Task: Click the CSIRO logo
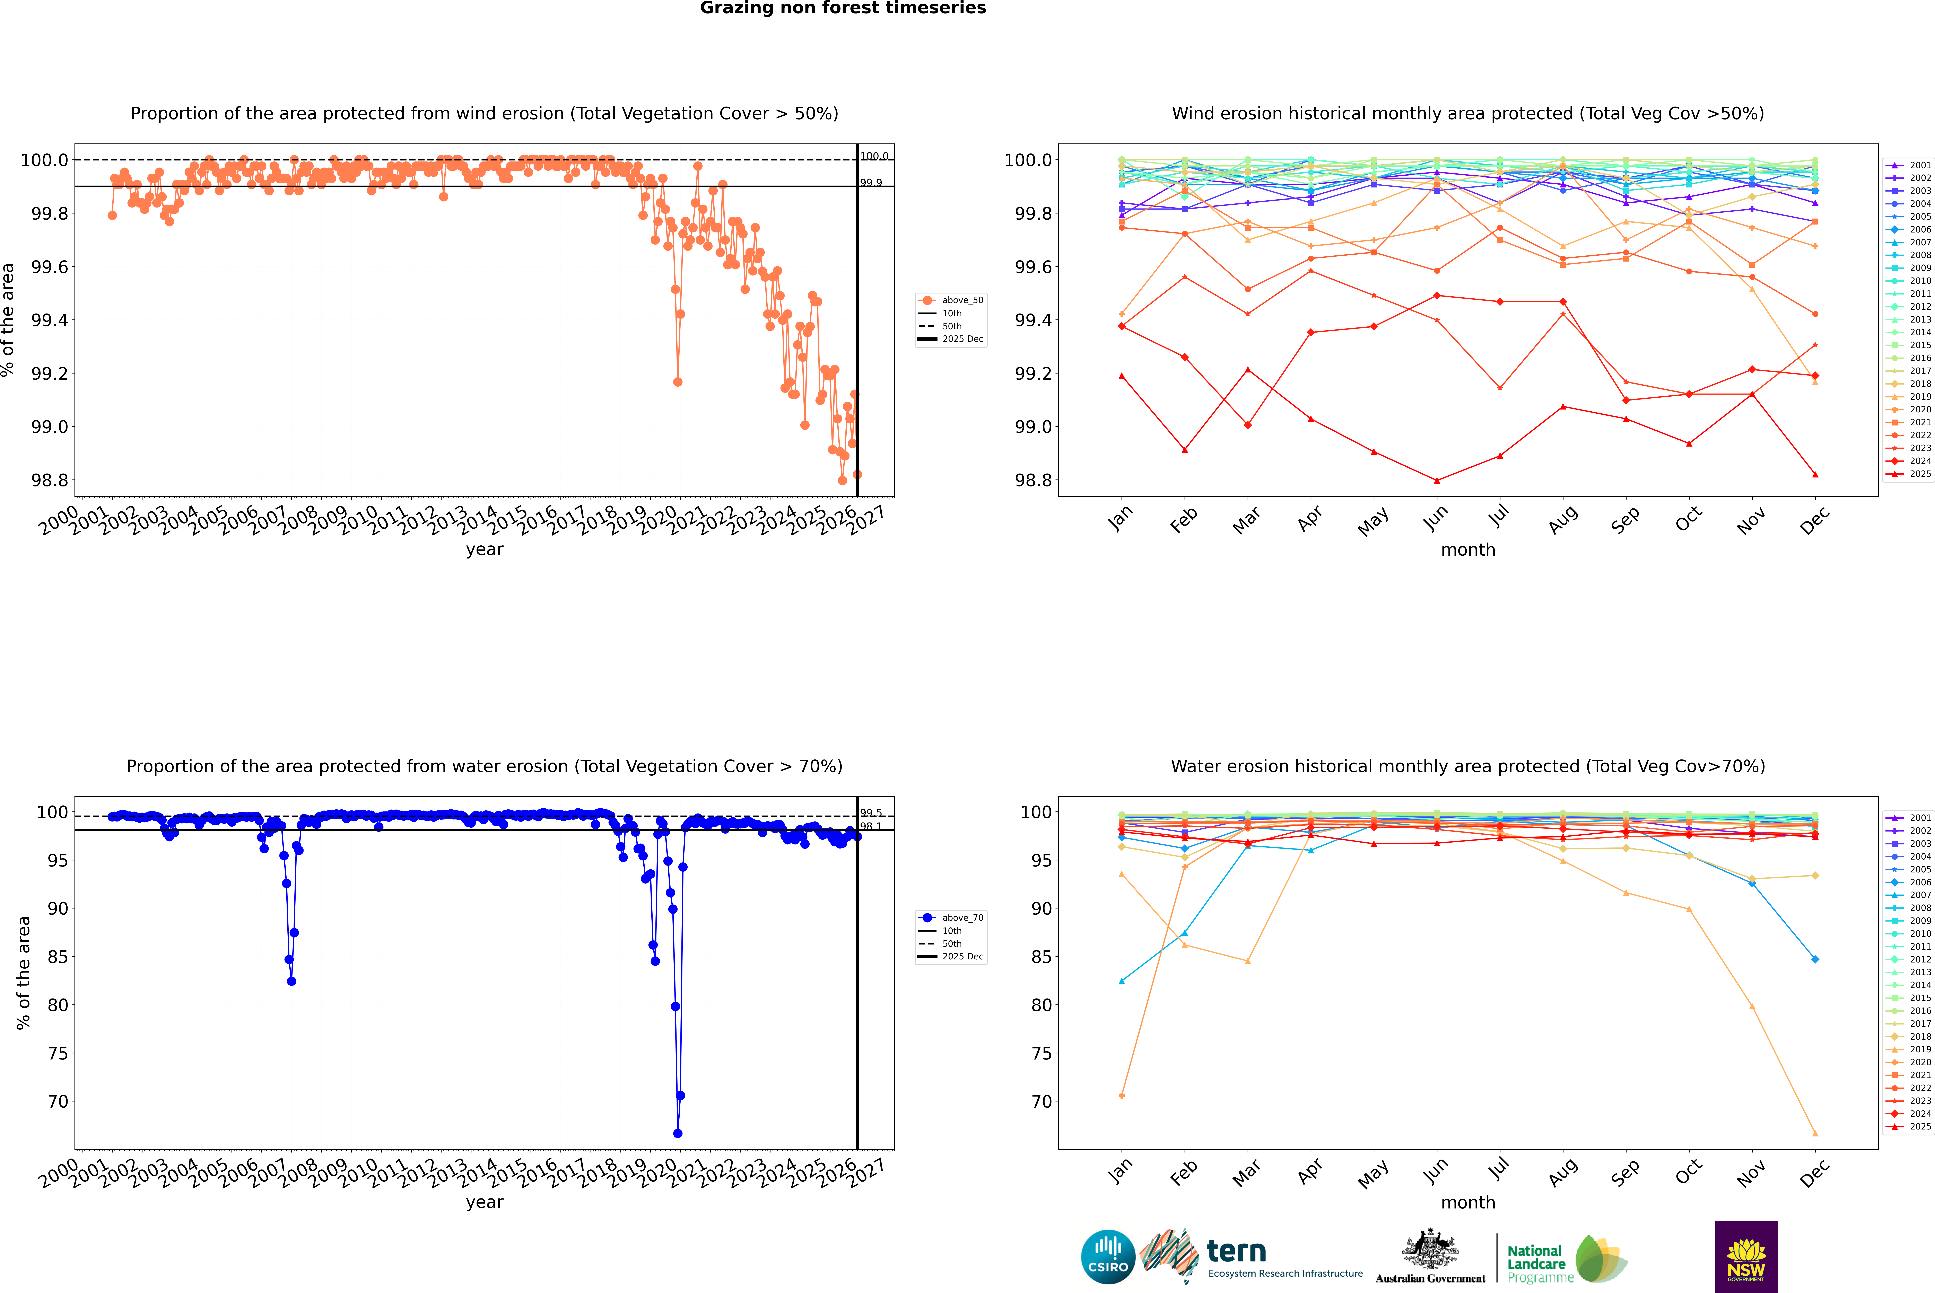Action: pos(1108,1257)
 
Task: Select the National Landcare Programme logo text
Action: pos(1536,1263)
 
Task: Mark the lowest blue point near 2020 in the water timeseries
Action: pos(677,1133)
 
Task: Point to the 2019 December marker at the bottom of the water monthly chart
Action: pos(1815,1133)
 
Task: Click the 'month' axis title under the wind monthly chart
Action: pos(1467,550)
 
